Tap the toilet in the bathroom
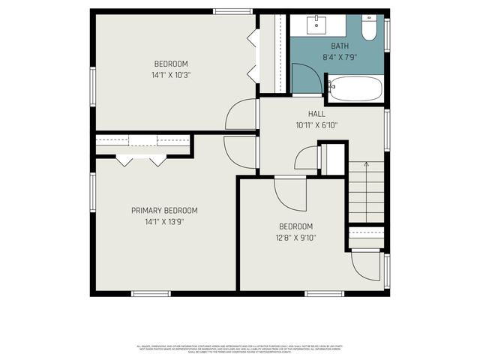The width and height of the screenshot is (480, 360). pos(368,29)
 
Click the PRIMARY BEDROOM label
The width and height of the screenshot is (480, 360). pos(164,211)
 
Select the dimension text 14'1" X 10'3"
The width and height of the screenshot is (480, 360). pos(171,75)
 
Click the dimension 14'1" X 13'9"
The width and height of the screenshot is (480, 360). pos(164,222)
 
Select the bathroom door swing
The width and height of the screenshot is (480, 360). pos(303,79)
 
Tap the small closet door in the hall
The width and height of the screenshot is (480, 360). pos(307,159)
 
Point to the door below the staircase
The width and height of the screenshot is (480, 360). pos(367,263)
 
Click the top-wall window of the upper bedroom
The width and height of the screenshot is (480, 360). pos(227,10)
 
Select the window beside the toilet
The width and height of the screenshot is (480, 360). pos(387,33)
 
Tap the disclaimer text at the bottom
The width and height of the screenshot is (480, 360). pos(239,348)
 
